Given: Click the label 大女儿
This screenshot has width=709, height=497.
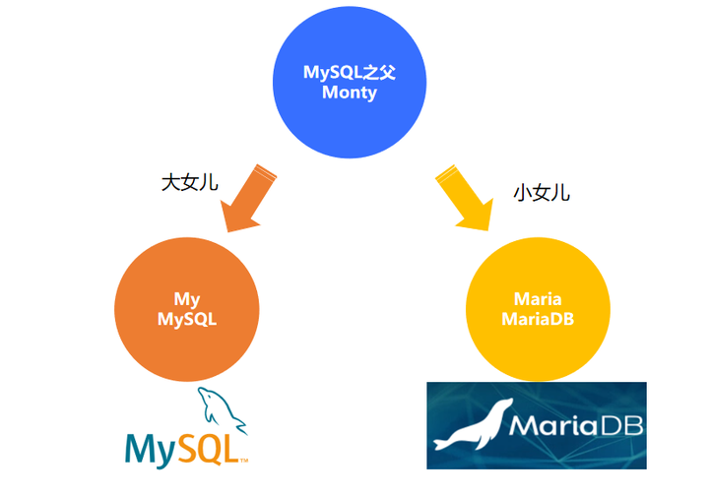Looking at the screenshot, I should tap(189, 182).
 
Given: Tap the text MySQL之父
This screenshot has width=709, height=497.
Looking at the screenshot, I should tap(349, 73).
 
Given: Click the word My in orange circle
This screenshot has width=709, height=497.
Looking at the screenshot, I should tap(187, 298).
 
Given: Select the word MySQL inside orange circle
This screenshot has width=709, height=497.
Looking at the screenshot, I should tap(187, 319).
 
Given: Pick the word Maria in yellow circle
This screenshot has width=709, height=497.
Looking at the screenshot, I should tap(538, 298).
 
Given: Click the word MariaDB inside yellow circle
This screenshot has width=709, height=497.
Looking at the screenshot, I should tap(538, 319).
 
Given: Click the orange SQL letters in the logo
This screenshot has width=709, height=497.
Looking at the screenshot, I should tap(204, 447).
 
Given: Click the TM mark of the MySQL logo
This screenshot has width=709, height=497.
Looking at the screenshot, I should tap(243, 459).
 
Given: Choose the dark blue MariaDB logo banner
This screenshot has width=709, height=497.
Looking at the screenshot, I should tap(537, 453).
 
